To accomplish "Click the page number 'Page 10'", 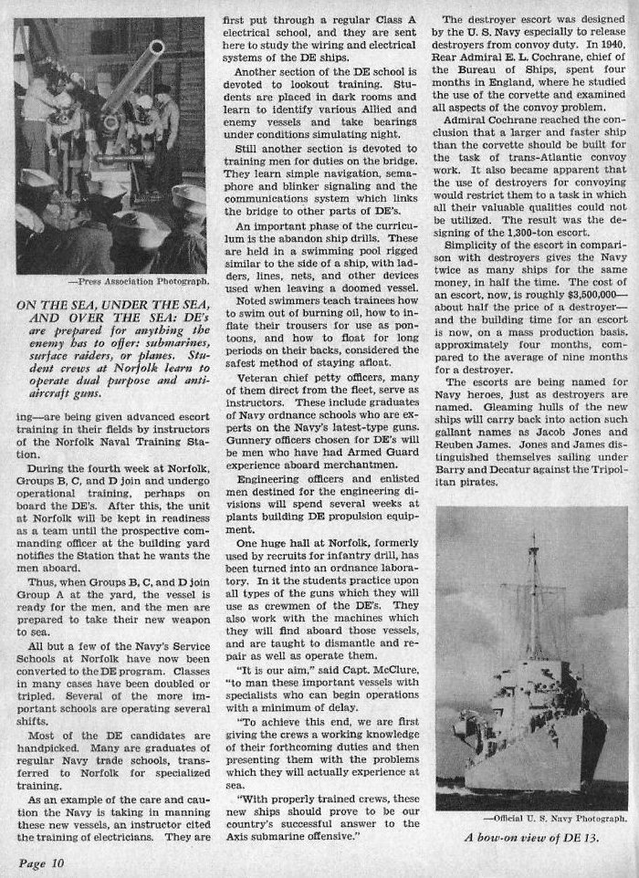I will point(37,861).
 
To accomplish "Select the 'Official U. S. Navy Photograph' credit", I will point(559,819).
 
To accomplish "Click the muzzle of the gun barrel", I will point(157,47).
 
